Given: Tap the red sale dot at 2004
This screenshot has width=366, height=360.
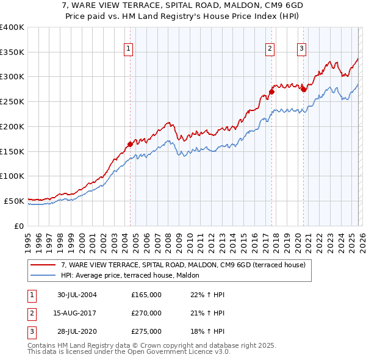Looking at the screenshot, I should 130,144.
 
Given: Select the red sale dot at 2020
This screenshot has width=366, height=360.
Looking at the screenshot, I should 303,89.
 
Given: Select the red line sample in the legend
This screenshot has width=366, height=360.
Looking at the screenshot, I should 44,265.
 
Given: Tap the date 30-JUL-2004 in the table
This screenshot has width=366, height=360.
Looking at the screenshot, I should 77,295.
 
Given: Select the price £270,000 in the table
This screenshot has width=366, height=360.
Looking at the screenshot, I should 146,313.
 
